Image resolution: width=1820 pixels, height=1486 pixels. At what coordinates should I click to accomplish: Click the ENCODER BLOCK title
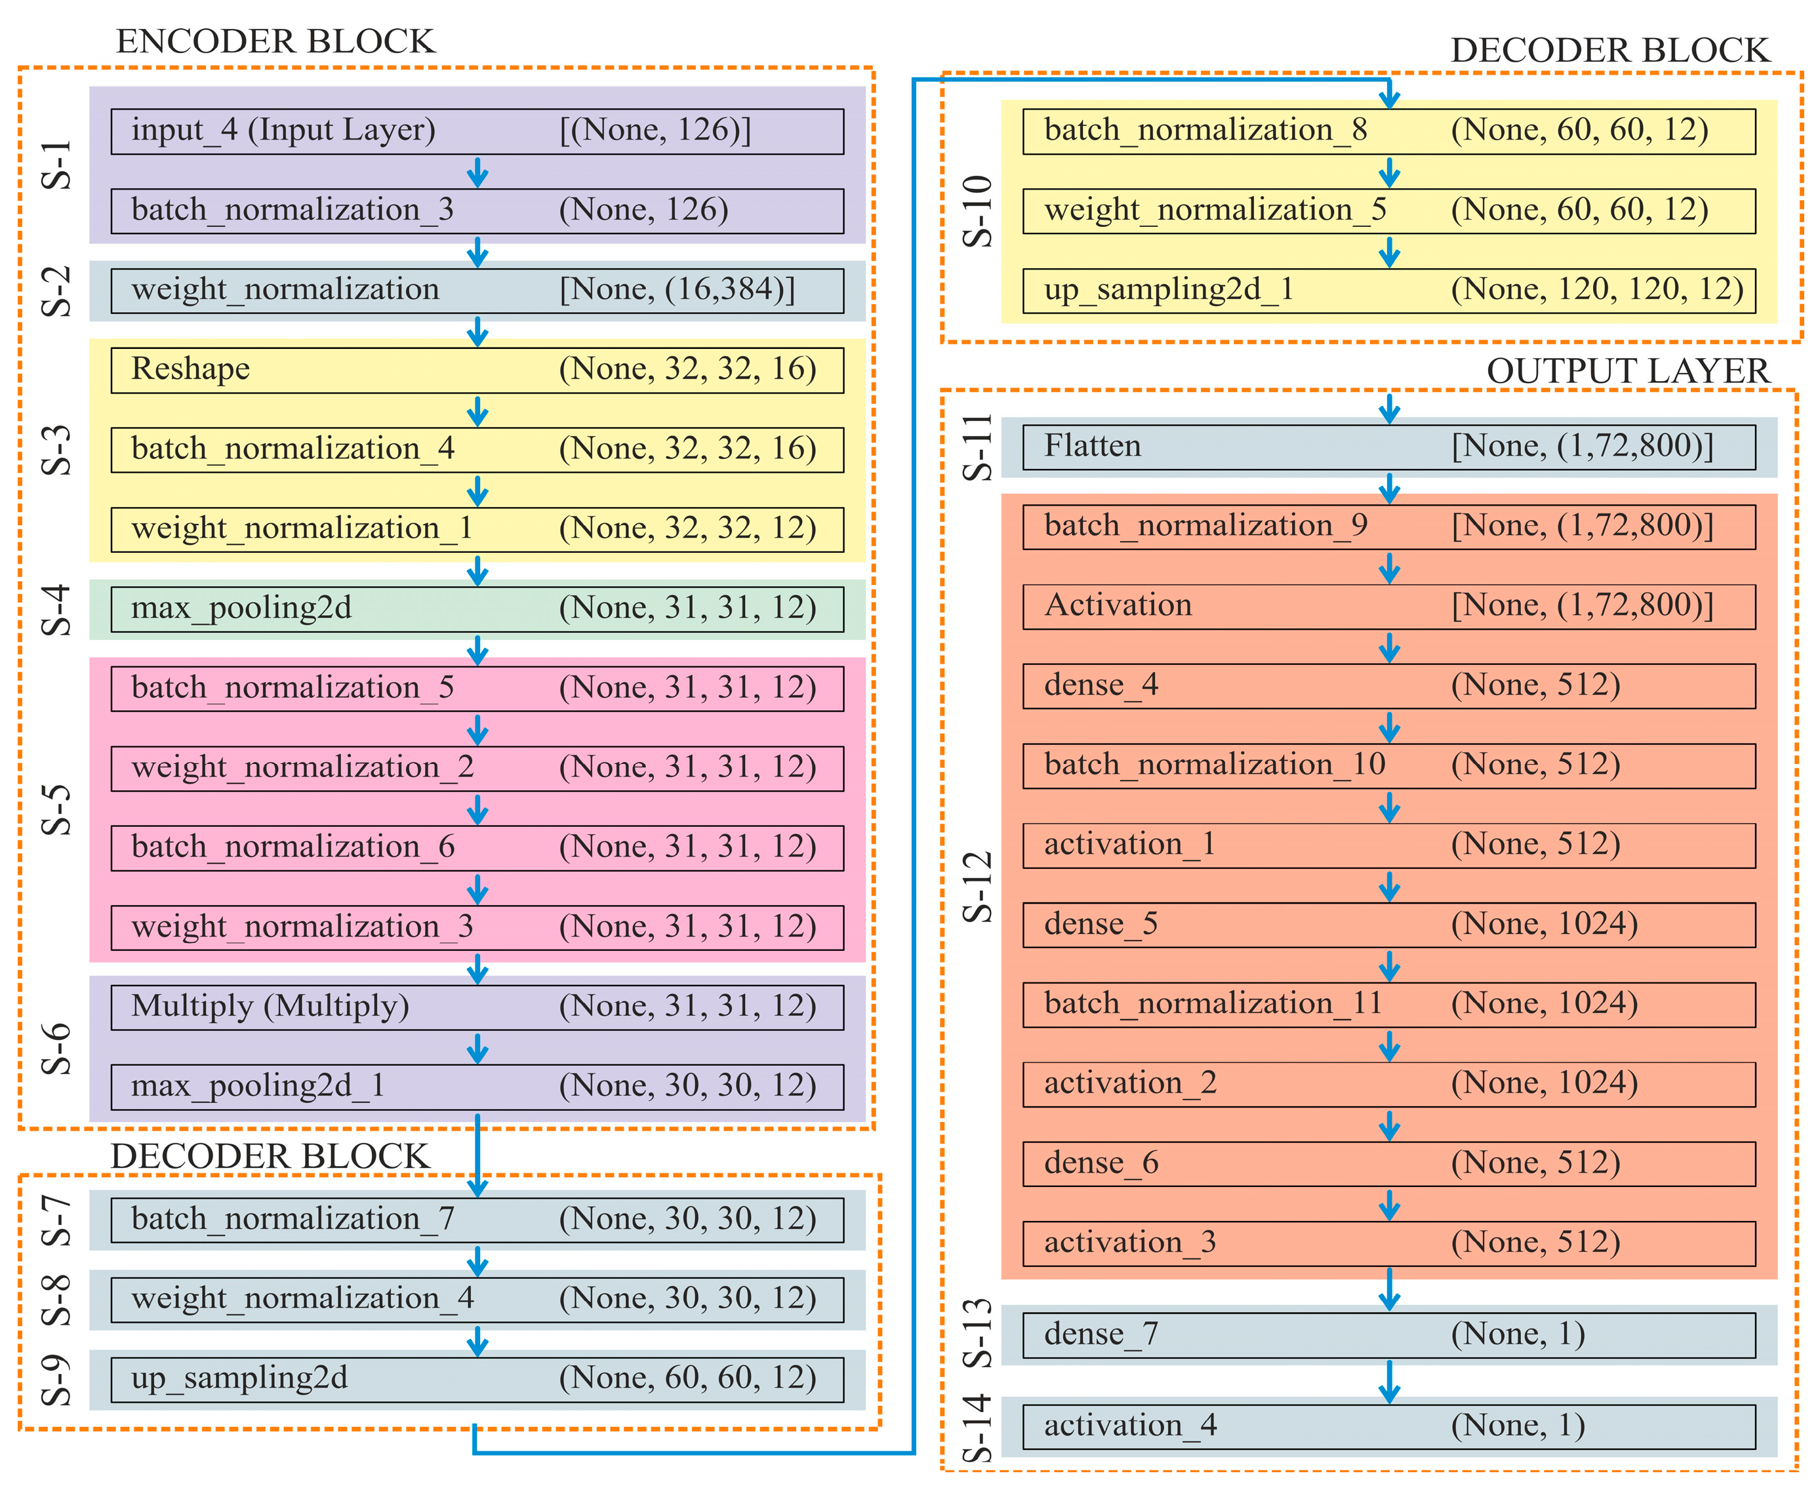point(275,41)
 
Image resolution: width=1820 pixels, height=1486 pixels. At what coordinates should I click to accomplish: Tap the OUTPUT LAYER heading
point(1627,371)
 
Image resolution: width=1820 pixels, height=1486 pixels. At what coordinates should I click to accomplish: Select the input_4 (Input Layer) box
point(477,131)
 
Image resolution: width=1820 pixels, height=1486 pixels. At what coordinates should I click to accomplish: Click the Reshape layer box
point(477,370)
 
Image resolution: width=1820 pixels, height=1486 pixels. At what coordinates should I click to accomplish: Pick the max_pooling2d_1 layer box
point(477,1086)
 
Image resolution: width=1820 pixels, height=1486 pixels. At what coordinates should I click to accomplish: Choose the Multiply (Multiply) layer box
point(477,1007)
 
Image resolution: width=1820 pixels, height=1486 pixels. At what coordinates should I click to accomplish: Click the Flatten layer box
point(1388,447)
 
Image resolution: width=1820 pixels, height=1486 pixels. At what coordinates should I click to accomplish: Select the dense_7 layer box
point(1388,1335)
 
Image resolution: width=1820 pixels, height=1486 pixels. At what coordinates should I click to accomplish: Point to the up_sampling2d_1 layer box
point(1388,290)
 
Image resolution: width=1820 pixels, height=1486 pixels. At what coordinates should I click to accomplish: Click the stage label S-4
point(56,609)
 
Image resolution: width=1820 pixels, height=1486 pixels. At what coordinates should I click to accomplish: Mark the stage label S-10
point(977,211)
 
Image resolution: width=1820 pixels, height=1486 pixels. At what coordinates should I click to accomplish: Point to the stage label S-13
point(977,1333)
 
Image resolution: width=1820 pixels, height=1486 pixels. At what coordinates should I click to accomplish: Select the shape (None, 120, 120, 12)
point(1596,289)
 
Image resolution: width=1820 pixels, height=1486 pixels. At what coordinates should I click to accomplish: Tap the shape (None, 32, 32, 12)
point(687,528)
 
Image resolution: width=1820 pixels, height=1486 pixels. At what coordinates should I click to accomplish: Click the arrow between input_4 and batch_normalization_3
point(477,172)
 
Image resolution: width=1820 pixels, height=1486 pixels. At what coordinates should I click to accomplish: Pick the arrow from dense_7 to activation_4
point(1389,1380)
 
